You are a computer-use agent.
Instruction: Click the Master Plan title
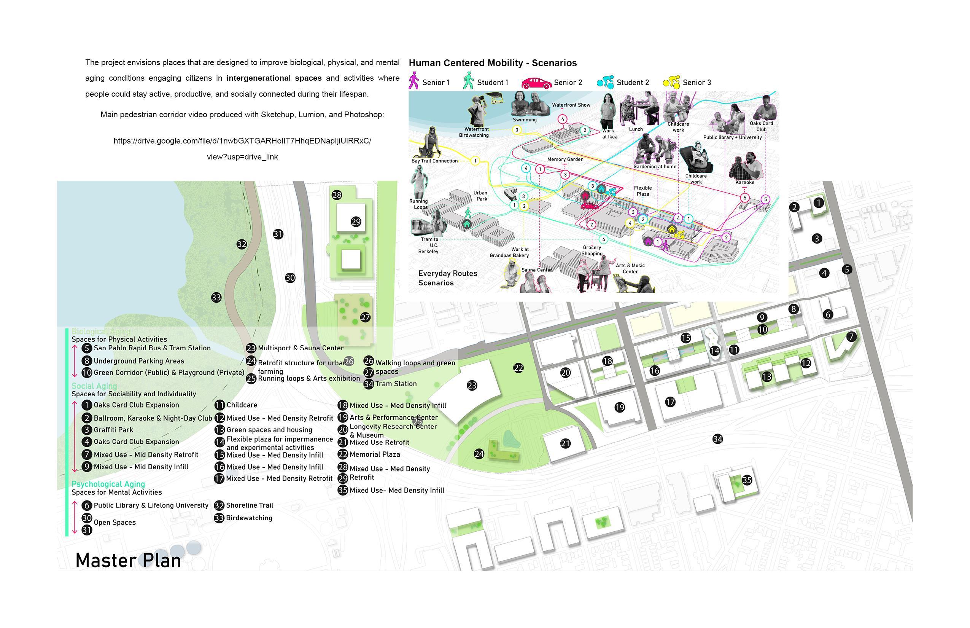128,560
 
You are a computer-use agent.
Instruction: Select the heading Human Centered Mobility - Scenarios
492,63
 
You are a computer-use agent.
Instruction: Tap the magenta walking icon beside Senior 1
414,81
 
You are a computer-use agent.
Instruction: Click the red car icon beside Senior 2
536,83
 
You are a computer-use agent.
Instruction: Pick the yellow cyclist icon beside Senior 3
671,82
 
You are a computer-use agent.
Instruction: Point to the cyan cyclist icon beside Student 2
605,82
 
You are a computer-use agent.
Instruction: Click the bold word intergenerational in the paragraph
274,78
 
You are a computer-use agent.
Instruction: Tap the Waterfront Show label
571,105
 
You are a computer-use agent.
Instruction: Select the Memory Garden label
565,159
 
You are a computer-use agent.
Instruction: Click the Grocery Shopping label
592,250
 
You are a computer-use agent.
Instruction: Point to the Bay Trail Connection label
434,161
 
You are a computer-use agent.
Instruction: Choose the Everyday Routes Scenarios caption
447,278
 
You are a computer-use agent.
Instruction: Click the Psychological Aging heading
108,484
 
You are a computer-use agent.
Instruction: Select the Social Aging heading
94,386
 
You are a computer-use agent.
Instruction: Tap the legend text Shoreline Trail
250,505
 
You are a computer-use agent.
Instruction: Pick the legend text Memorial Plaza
375,454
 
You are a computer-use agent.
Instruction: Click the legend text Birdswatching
249,518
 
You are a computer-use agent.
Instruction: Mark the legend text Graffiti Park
113,430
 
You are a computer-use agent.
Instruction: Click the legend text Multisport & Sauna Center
301,348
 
